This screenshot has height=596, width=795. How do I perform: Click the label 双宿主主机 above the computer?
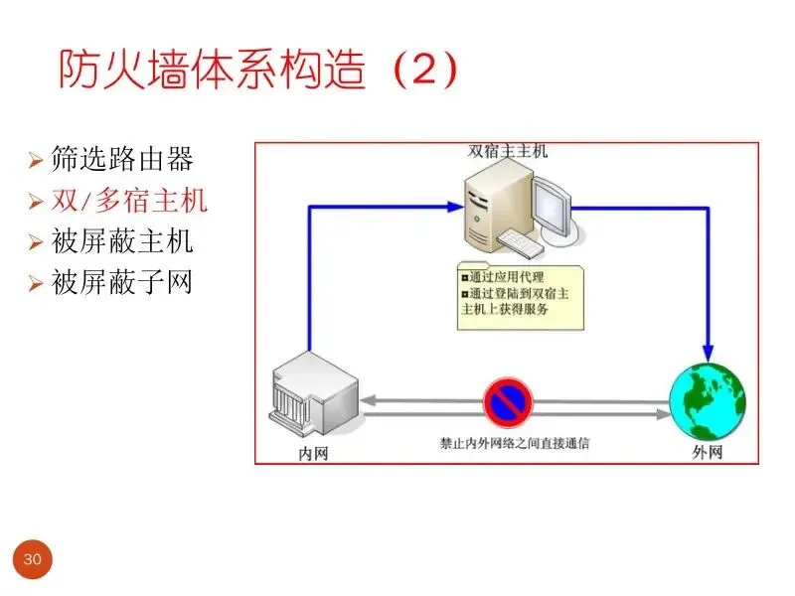click(508, 152)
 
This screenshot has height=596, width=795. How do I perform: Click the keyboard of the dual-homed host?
click(524, 242)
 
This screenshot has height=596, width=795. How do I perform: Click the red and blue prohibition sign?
click(510, 402)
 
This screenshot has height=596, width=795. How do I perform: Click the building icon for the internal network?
click(310, 398)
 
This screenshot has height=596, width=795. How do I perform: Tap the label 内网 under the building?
click(314, 453)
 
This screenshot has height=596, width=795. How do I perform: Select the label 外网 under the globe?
click(707, 453)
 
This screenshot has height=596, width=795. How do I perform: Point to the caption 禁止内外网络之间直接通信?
click(514, 443)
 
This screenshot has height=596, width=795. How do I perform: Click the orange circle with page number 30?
click(32, 560)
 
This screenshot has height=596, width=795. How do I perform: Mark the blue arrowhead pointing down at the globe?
click(707, 352)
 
